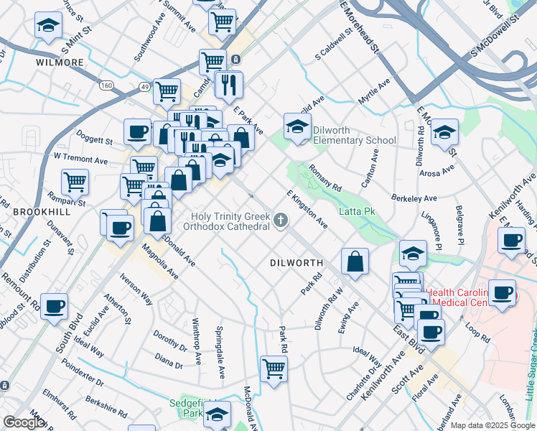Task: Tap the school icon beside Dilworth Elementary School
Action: (297, 127)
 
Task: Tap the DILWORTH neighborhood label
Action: (296, 263)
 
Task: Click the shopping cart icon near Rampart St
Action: (75, 182)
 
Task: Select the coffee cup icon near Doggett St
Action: (136, 131)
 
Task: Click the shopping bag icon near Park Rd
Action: (355, 262)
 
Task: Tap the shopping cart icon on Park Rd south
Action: (274, 369)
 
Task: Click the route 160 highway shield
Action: (106, 85)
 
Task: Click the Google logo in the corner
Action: (23, 422)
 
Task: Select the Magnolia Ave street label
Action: (160, 263)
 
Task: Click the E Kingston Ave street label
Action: (307, 209)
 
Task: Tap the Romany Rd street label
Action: (324, 178)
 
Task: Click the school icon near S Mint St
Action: (48, 26)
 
